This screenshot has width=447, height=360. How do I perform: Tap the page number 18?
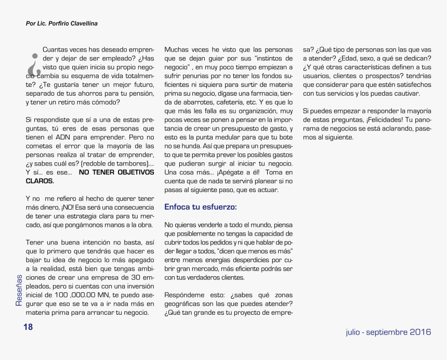(x=28, y=327)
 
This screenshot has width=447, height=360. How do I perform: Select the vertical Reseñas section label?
(x=19, y=290)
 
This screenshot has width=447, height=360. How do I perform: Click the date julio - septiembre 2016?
(x=388, y=332)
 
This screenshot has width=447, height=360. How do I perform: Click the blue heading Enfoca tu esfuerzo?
(x=200, y=207)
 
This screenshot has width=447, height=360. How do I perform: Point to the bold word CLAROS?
(x=40, y=181)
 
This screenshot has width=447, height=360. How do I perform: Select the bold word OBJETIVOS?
(x=133, y=172)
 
